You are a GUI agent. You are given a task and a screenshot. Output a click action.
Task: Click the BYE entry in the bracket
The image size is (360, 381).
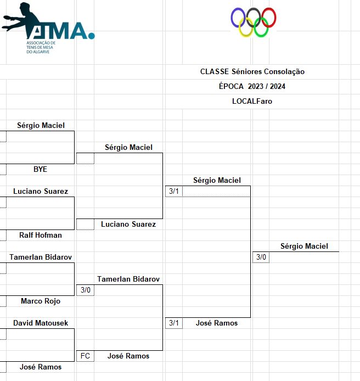click(x=40, y=169)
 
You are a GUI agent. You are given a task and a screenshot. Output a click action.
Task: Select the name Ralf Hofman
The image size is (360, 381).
click(x=40, y=235)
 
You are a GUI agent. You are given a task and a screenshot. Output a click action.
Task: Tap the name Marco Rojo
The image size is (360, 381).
click(x=40, y=301)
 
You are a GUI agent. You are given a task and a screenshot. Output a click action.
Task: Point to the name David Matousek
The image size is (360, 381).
click(x=41, y=323)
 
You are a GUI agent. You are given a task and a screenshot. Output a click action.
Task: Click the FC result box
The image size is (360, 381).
click(x=85, y=356)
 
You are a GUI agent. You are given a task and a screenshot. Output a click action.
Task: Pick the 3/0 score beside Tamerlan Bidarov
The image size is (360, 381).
click(x=85, y=290)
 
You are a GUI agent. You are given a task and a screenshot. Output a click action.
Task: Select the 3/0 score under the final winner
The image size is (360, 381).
click(x=261, y=257)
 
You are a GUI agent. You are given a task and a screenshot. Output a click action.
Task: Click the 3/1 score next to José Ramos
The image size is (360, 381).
click(x=173, y=323)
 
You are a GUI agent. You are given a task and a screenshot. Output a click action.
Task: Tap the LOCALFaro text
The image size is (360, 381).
click(x=252, y=101)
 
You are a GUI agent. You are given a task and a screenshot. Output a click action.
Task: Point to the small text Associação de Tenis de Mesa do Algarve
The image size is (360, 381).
click(x=41, y=47)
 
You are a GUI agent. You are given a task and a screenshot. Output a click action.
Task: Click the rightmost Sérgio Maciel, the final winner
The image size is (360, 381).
click(x=304, y=246)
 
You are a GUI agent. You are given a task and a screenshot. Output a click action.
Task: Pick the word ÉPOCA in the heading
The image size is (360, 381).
click(x=231, y=86)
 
